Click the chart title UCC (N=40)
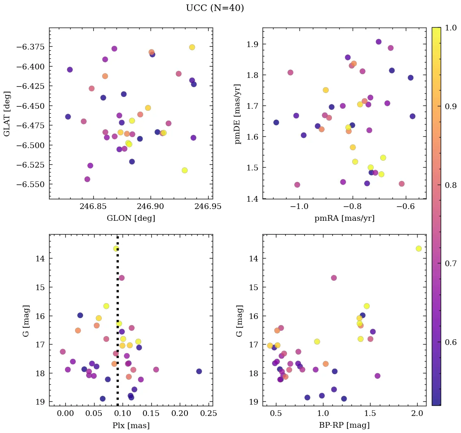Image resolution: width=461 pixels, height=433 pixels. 215,8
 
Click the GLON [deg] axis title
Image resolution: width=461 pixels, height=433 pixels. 131,218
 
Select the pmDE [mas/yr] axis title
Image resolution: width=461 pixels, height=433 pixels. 237,114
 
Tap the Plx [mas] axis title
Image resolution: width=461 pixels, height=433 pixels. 131,425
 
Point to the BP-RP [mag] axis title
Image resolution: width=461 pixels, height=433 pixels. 344,425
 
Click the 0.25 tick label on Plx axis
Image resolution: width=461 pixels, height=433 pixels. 209,414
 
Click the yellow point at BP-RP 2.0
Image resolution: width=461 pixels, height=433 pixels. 418,248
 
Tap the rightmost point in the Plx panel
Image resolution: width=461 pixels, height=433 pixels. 199,371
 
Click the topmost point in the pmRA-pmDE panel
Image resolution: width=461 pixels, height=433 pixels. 379,42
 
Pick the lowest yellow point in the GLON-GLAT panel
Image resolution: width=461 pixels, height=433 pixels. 185,170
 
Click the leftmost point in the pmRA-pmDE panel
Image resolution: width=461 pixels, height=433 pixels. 276,122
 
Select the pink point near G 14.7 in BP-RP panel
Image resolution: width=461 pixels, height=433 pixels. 334,278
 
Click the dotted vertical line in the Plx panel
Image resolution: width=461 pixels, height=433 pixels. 118,325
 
